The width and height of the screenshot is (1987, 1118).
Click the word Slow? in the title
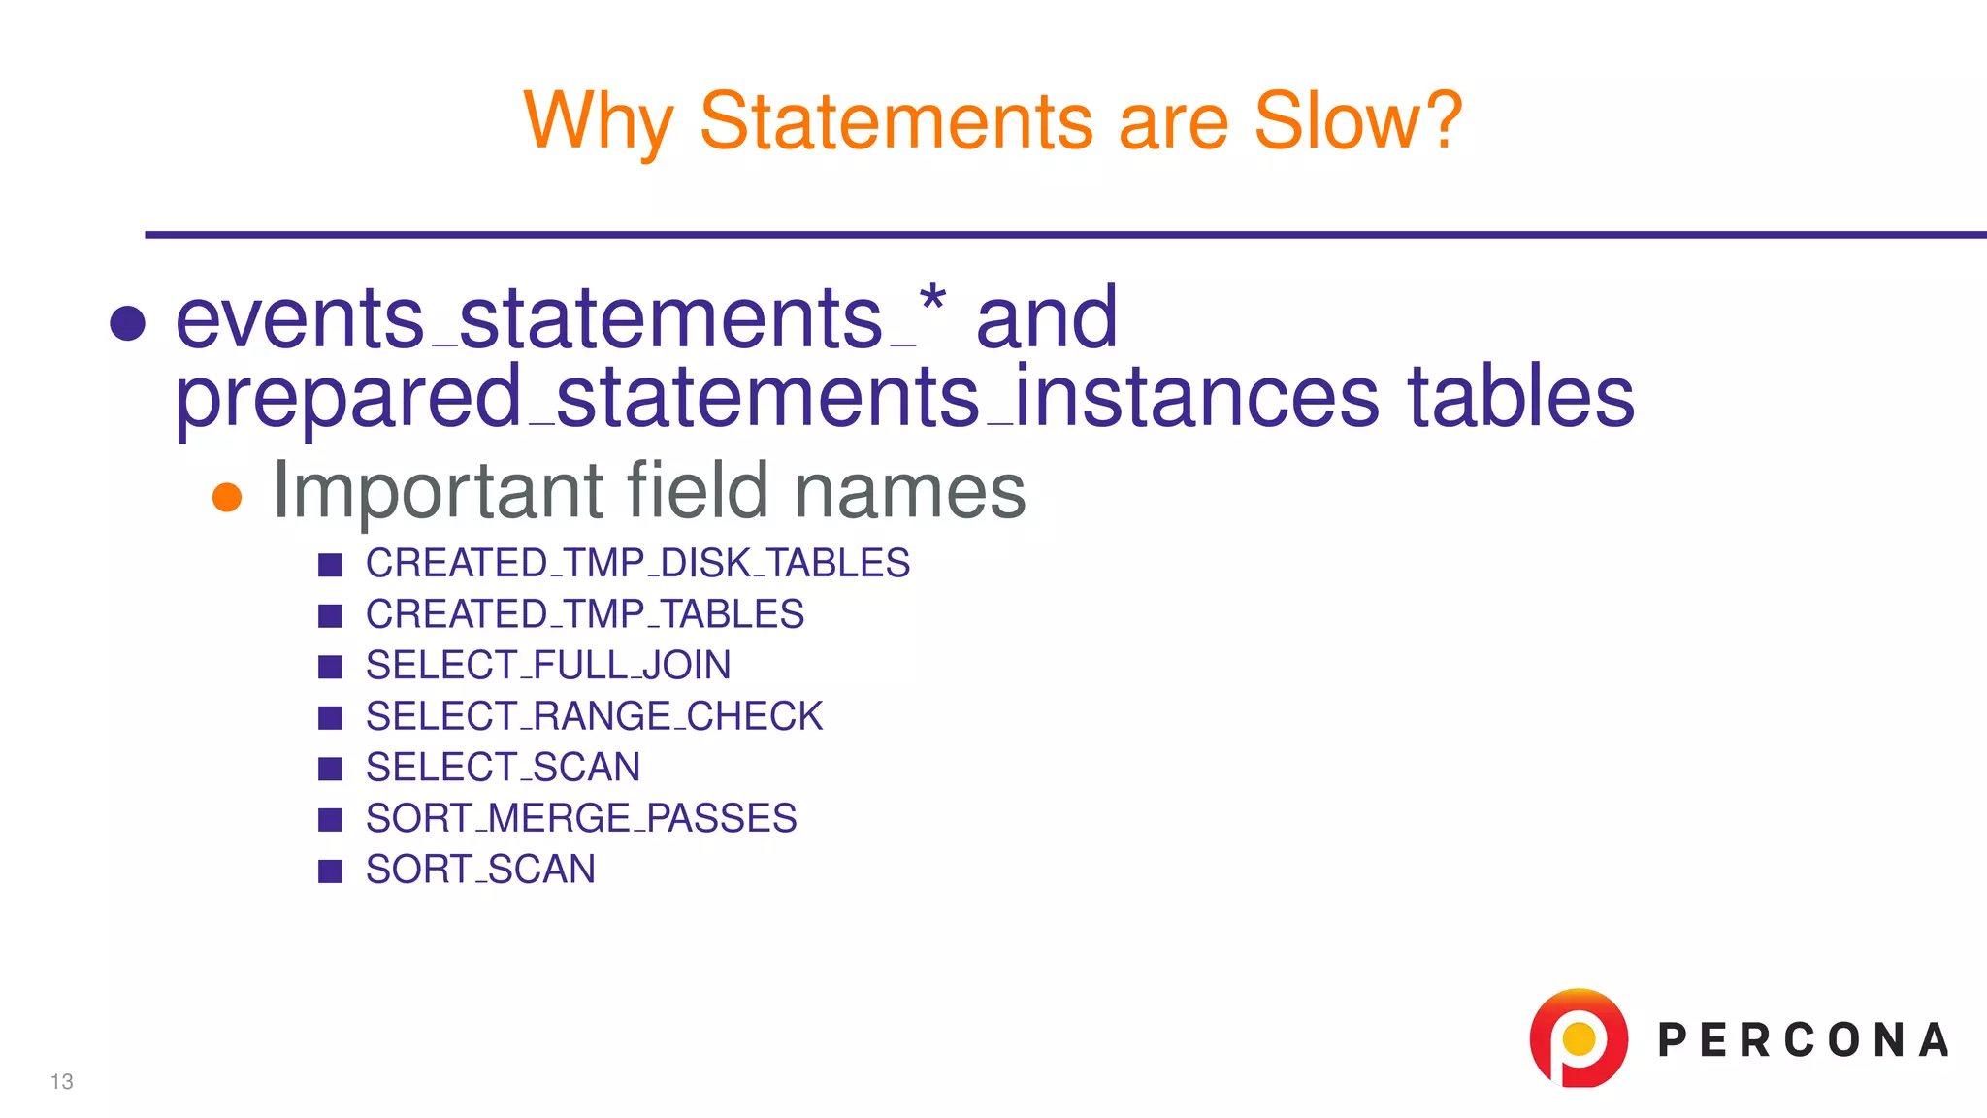coord(1357,120)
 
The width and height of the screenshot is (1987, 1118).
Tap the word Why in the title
coord(598,122)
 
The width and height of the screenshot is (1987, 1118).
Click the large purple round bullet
coord(128,323)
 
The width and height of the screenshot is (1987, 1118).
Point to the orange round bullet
coord(227,497)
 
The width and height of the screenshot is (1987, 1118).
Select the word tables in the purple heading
coord(1520,397)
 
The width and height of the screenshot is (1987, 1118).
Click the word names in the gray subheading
coord(909,491)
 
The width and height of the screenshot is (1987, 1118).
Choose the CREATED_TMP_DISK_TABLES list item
coord(637,564)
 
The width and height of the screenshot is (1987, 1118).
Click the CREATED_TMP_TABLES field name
coord(584,614)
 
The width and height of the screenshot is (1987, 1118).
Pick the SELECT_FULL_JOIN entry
coord(548,666)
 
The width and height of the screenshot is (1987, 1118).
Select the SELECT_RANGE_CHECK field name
coord(594,716)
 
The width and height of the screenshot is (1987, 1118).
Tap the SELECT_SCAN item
coord(503,768)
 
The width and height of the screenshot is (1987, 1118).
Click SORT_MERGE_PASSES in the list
coord(581,818)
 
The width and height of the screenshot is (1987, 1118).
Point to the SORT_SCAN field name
coord(480,870)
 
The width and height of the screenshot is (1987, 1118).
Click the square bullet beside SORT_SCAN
coord(330,871)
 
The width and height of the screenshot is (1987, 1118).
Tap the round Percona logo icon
coord(1578,1037)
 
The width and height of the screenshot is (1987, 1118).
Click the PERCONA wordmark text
coord(1803,1040)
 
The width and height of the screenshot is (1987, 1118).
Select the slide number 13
coord(62,1082)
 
